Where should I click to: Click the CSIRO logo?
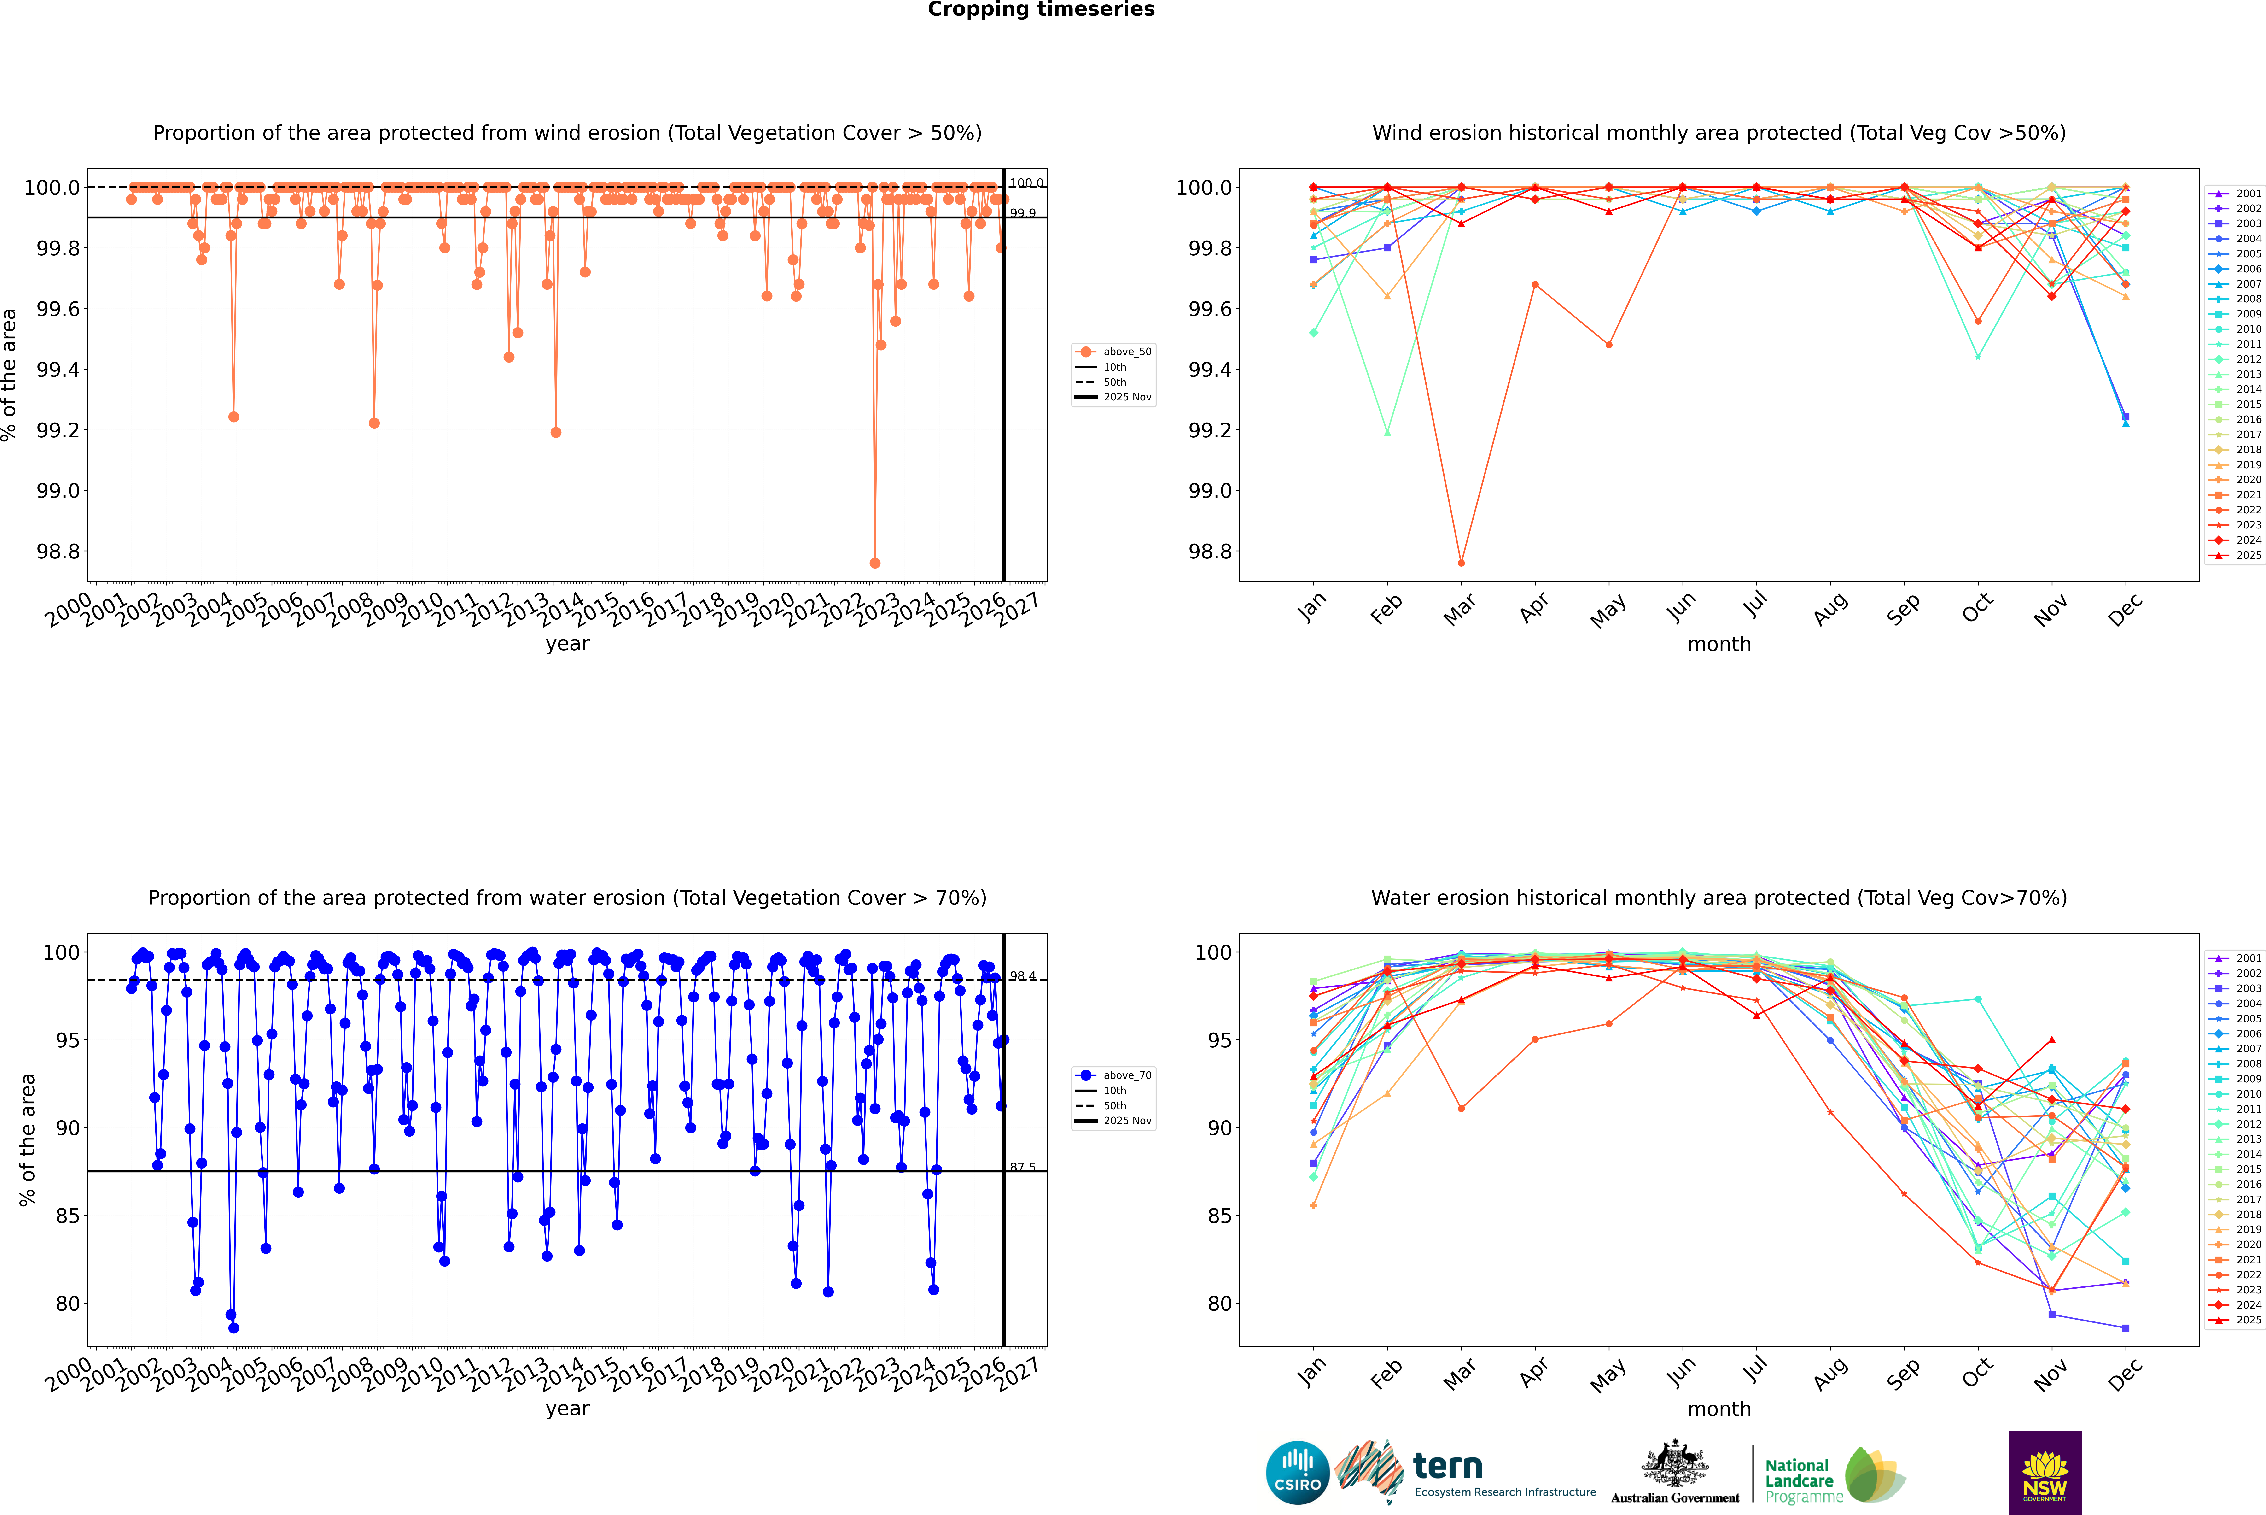coord(1297,1473)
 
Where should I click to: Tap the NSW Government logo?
coord(2045,1473)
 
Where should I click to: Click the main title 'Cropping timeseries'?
coord(1040,10)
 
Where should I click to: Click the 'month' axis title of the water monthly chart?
coord(1718,1409)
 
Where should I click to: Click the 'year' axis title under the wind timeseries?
coord(567,644)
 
